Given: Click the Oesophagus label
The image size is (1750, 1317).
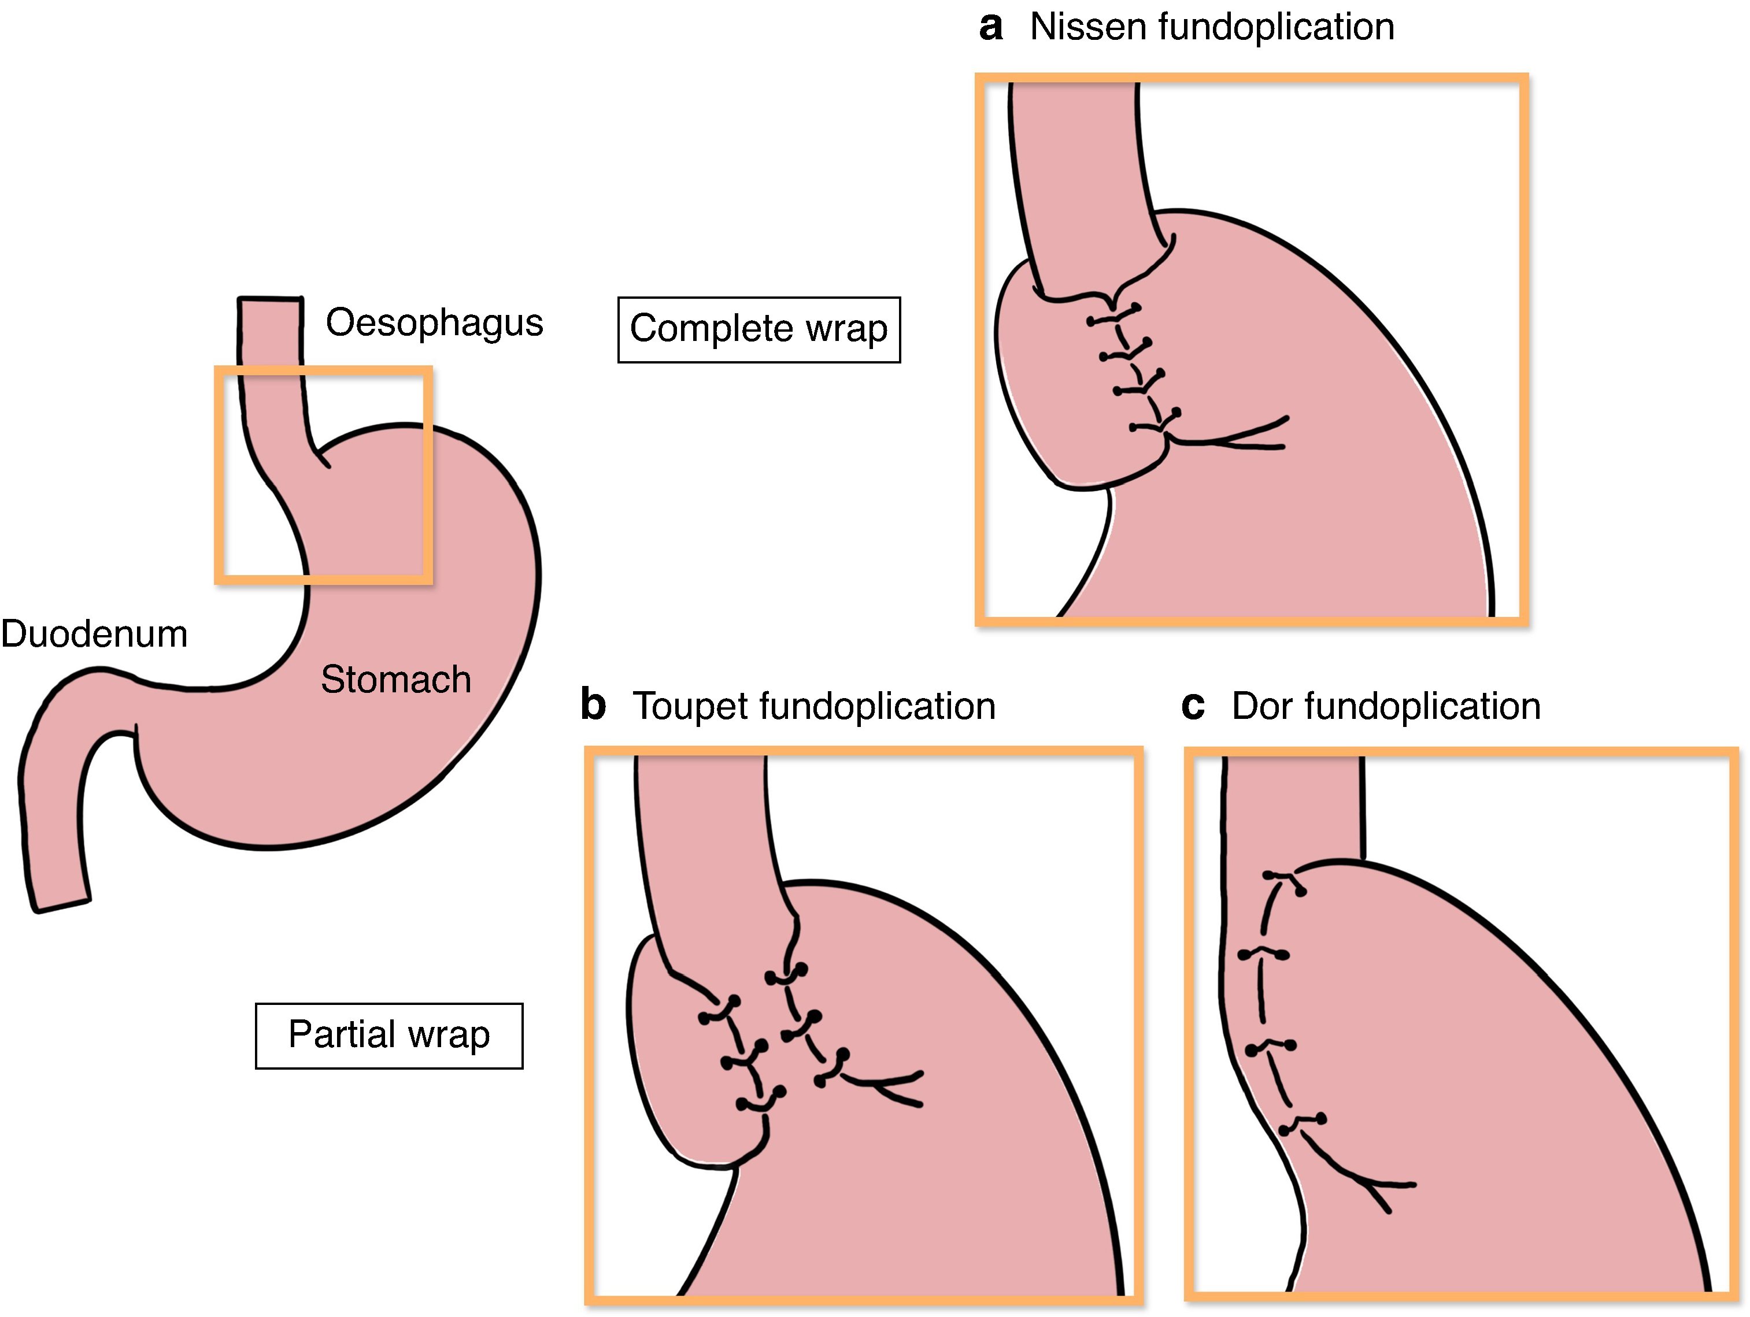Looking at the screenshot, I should tap(434, 322).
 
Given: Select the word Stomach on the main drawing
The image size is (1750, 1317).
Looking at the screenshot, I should tap(395, 680).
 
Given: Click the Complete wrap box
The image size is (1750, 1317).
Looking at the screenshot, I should tap(759, 329).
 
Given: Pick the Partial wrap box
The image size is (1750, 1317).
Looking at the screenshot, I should tap(389, 1036).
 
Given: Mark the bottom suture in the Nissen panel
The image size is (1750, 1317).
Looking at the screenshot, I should tap(1155, 421).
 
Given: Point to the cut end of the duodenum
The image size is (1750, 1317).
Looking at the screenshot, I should tap(61, 906).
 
